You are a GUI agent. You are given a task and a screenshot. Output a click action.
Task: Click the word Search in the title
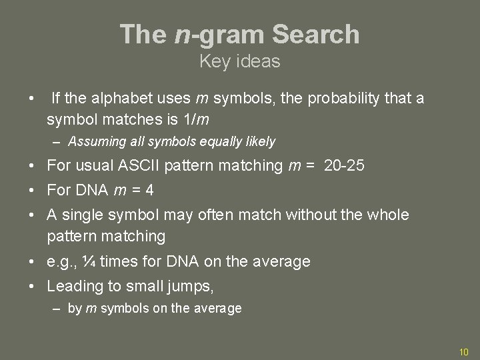click(x=313, y=34)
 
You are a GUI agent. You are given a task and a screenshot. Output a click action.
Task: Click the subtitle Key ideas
click(x=240, y=62)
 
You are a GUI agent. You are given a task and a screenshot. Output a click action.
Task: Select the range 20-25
click(x=344, y=166)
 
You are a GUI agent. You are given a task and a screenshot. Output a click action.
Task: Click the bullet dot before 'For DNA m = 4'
click(x=32, y=191)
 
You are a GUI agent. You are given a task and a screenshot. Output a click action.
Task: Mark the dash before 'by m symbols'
click(x=58, y=309)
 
